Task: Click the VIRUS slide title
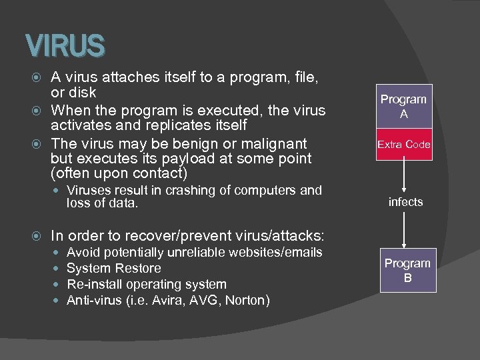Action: tap(65, 46)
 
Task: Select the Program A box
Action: tap(403, 107)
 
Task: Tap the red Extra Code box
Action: tap(403, 145)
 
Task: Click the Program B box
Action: tap(407, 271)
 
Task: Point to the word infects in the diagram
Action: tap(405, 202)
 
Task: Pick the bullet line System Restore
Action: tap(114, 269)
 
